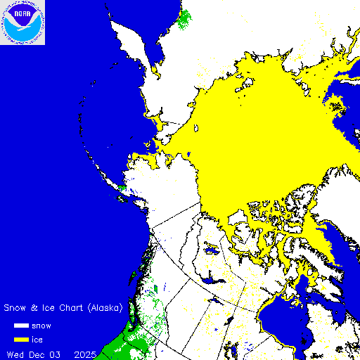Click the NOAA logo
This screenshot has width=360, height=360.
point(22,22)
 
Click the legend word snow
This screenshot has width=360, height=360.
point(40,326)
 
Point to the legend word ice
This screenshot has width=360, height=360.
point(36,338)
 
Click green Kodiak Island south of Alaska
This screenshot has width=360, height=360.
point(122,188)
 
